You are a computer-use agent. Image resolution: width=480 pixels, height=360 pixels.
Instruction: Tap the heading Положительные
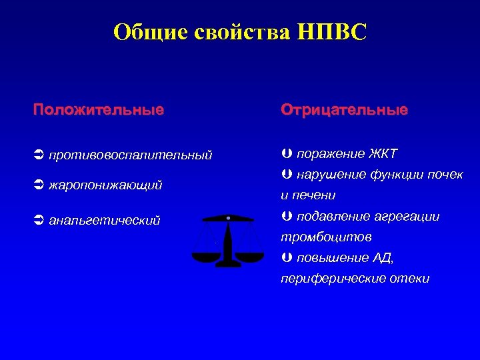[x=99, y=109]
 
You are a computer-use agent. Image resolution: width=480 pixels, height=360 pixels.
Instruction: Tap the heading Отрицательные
[x=344, y=109]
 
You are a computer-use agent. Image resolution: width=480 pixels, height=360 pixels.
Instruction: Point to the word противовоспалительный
[x=131, y=155]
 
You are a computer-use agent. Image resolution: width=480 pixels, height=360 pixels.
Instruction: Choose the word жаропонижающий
[x=105, y=185]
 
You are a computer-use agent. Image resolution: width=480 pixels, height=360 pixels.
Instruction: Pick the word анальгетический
[x=105, y=220]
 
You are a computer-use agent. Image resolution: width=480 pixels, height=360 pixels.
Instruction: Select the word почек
[x=446, y=175]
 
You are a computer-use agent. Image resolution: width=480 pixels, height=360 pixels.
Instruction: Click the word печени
[x=313, y=195]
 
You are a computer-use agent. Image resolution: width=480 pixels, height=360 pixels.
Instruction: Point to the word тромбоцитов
[x=317, y=237]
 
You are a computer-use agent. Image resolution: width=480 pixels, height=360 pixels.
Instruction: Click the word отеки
[x=410, y=278]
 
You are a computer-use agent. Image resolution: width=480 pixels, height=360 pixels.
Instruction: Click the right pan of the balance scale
[x=250, y=255]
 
